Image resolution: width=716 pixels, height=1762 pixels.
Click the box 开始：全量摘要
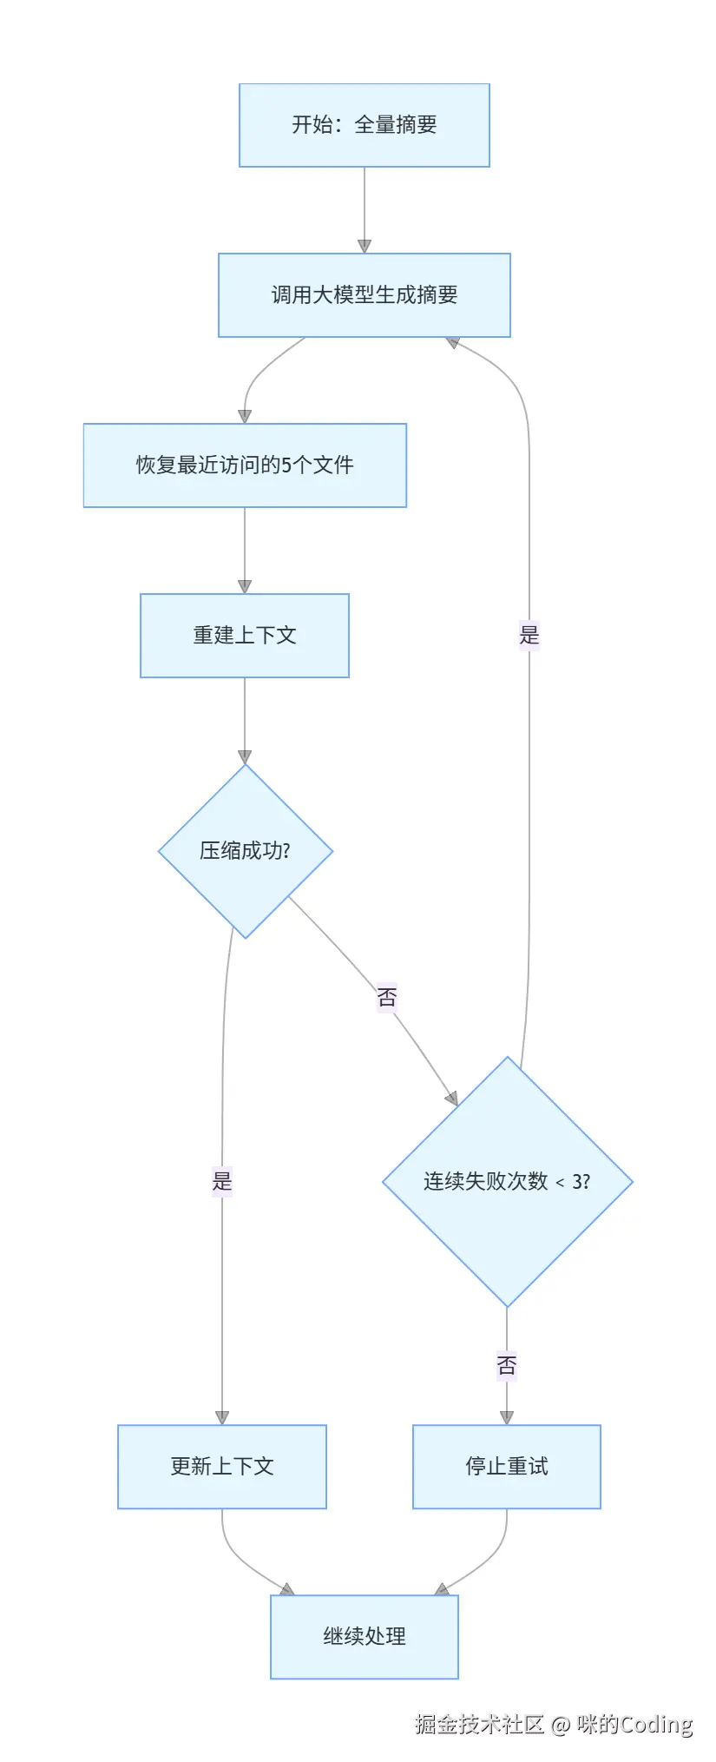coord(364,125)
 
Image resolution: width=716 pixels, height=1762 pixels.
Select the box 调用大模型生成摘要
coord(364,295)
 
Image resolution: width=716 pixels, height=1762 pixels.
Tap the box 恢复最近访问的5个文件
coord(245,465)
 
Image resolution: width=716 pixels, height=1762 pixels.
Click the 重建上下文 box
coord(245,636)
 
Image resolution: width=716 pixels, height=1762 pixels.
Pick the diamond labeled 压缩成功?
coord(246,851)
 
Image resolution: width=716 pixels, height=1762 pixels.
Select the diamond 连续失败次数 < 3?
coord(507,1181)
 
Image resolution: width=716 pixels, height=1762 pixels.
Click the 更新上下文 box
coord(222,1467)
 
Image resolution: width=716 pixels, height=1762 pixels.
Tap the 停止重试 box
coord(507,1467)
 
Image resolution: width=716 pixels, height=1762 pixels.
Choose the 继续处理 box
coord(364,1637)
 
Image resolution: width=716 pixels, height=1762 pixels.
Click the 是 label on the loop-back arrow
coord(529,635)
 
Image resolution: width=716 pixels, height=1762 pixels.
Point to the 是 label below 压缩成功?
coord(222,1181)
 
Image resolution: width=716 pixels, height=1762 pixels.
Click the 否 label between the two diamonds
coord(387,997)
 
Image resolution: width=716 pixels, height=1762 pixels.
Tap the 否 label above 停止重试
coord(507,1366)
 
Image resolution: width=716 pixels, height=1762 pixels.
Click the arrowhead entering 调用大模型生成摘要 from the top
coord(365,246)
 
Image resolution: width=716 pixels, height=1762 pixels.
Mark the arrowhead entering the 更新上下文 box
coord(222,1417)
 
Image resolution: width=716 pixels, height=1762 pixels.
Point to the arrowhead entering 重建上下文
coord(245,586)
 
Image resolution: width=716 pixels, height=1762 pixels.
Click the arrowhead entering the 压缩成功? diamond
coord(245,756)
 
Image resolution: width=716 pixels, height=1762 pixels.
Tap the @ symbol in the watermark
coord(561,1725)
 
